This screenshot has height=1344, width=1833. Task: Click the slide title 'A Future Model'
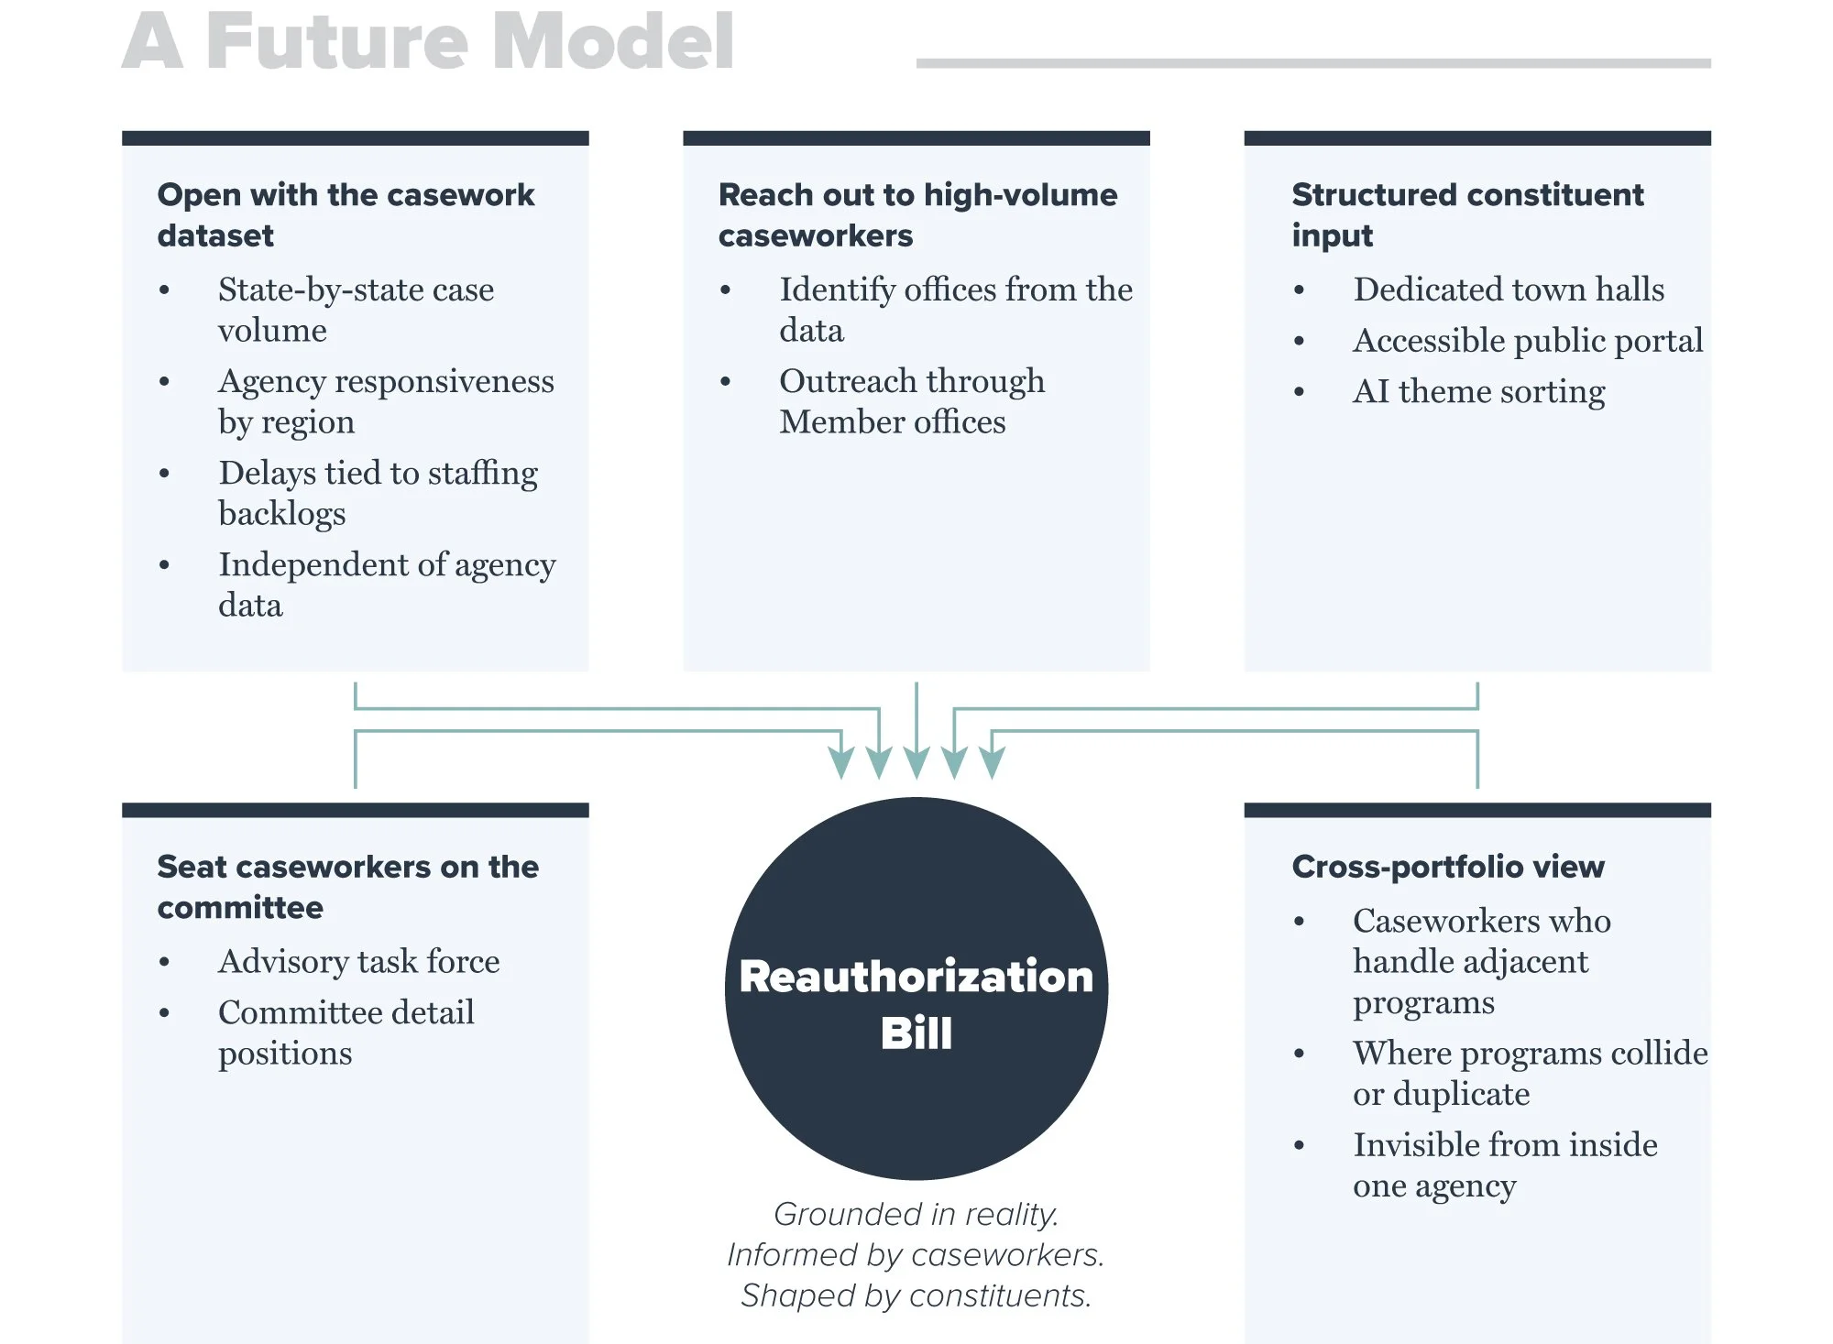(428, 41)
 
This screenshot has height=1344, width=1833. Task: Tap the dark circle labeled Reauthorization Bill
(916, 989)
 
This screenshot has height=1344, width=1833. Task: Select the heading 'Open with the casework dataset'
(346, 214)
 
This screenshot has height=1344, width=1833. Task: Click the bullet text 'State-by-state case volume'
(356, 310)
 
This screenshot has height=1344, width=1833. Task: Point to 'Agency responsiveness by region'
(386, 401)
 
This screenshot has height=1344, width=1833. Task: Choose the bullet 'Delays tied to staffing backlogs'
(378, 493)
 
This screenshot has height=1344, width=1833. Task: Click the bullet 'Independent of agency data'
(387, 585)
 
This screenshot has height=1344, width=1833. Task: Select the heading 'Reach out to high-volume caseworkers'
(917, 214)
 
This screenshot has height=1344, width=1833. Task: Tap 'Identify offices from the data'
(956, 310)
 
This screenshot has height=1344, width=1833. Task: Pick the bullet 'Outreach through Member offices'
(912, 401)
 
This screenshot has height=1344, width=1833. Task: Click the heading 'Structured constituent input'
(1467, 214)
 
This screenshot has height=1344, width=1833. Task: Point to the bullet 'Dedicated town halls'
(1509, 290)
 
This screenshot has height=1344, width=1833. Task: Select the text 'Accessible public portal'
(1528, 341)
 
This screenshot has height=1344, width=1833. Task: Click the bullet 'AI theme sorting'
(1479, 392)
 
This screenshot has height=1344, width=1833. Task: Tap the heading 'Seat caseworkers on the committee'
(347, 887)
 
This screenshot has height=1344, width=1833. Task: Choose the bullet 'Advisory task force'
(359, 962)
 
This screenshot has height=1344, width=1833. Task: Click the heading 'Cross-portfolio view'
(1448, 867)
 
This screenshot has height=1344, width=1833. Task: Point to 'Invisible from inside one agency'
(1505, 1164)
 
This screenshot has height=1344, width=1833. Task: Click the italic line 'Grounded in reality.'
(916, 1214)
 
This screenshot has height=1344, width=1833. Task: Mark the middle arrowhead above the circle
(916, 762)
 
